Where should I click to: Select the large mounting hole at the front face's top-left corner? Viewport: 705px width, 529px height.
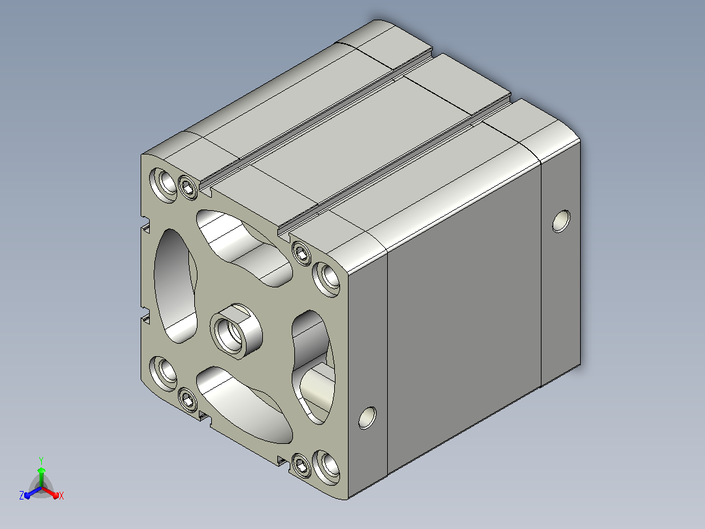[163, 185]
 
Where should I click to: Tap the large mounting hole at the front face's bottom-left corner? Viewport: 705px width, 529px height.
[163, 373]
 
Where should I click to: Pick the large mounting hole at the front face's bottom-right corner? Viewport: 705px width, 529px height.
[326, 467]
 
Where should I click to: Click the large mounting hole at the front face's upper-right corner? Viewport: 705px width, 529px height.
[326, 279]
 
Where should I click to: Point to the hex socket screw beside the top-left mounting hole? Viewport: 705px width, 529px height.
[188, 187]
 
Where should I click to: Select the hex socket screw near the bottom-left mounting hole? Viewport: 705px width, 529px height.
[188, 399]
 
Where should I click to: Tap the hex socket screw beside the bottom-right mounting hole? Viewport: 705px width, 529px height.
[301, 465]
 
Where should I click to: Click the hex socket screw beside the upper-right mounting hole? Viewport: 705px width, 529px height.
[301, 253]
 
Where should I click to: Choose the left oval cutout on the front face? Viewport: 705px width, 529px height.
[175, 285]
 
